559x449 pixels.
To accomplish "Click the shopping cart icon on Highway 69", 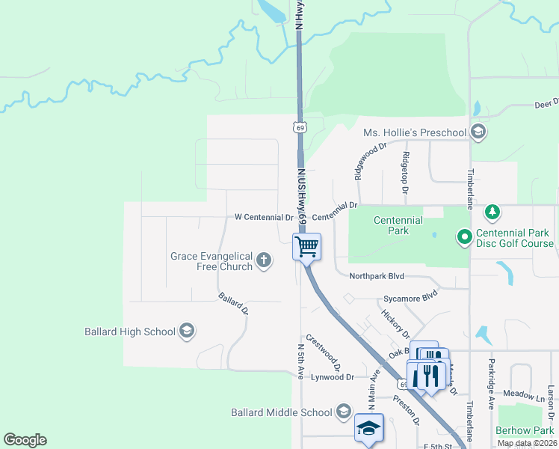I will pos(306,246).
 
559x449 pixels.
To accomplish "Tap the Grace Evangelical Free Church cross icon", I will pos(263,260).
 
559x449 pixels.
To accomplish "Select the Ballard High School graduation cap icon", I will pos(187,331).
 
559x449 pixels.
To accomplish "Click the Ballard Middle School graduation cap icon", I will pos(343,412).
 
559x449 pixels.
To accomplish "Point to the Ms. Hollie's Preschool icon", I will pos(478,132).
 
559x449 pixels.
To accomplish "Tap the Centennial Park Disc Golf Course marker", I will pos(464,238).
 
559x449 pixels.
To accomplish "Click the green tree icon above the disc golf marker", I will pos(492,213).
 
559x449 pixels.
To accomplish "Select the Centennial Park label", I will pos(398,225).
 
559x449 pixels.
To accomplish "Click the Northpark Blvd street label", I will pos(377,275).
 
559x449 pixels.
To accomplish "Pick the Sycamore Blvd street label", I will pos(410,297).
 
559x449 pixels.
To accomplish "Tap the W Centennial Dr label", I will pos(264,217).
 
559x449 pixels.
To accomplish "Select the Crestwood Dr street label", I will pos(323,352).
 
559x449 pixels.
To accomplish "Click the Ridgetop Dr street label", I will pos(404,173).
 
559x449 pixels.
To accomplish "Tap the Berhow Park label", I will pos(524,430).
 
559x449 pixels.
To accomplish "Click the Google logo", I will pos(25,440).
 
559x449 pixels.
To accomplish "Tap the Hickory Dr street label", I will pos(395,323).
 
